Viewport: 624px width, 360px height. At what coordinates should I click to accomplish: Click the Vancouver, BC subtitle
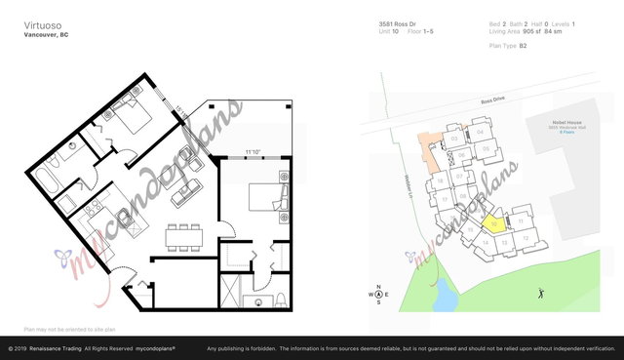[45, 35]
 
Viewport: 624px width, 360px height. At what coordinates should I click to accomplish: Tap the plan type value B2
[523, 46]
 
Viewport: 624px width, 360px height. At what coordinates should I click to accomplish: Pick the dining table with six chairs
[183, 235]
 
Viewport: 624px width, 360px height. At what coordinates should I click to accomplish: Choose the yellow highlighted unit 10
[495, 223]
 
